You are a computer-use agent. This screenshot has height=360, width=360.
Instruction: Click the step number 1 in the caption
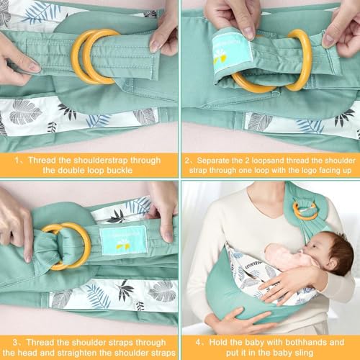pos(17,161)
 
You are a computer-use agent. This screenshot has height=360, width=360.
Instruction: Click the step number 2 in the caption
pos(187,161)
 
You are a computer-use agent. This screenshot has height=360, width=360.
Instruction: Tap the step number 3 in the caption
pos(15,343)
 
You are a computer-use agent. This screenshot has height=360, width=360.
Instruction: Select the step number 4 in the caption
pos(198,343)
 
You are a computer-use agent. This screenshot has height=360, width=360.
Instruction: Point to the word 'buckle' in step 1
pos(120,171)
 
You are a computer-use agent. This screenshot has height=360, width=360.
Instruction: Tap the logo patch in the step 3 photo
pos(123,240)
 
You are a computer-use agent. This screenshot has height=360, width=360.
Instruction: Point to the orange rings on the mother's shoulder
pos(305,210)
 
